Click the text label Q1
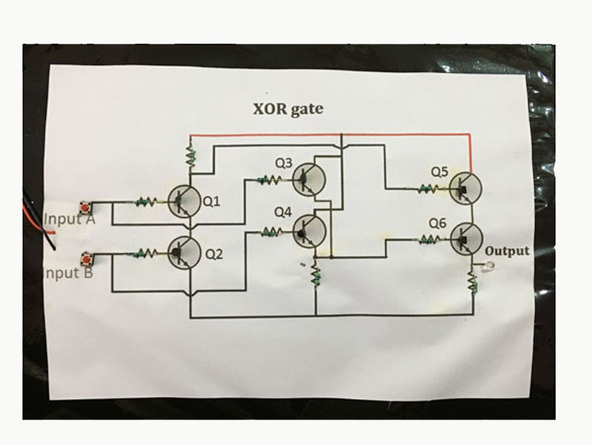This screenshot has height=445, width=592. [211, 202]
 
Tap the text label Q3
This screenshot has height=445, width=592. [283, 163]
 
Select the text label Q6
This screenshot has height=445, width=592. [437, 223]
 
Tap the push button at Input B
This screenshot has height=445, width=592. [86, 259]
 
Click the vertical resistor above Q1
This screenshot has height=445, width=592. [189, 156]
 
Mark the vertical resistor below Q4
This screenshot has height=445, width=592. [315, 276]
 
